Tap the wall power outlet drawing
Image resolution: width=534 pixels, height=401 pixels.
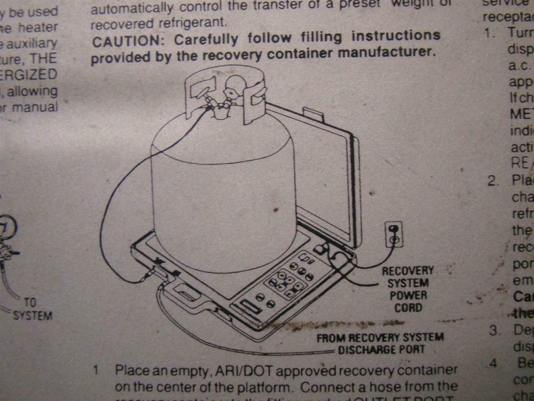394,235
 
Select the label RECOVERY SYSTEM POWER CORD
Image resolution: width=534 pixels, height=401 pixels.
408,289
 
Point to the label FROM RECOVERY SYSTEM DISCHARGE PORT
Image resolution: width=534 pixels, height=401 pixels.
380,343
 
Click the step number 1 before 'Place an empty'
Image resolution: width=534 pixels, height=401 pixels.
96,370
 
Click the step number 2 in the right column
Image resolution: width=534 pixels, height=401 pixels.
492,180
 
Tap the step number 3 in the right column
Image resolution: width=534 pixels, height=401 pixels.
493,329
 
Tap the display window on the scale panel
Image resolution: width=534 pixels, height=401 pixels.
250,308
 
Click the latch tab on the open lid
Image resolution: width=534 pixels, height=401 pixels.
311,113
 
